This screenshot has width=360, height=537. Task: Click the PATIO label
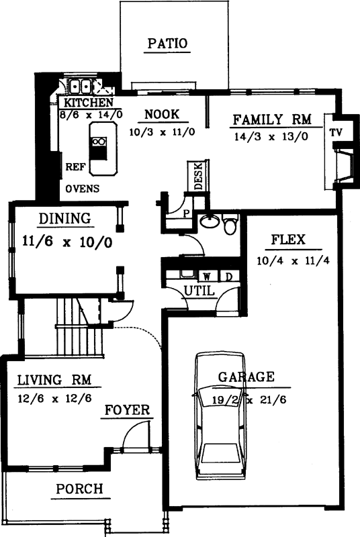click(167, 44)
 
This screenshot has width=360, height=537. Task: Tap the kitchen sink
click(81, 87)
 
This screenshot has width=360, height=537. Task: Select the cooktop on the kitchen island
click(99, 142)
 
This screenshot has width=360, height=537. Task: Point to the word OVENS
click(83, 189)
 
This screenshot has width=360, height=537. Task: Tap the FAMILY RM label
click(271, 120)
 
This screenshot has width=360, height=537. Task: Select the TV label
click(336, 132)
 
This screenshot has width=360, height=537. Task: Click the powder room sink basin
click(211, 223)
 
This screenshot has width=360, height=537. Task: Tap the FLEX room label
click(289, 240)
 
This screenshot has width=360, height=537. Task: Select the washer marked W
click(207, 276)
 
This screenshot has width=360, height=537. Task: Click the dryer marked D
click(228, 276)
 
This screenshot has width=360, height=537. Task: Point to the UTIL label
click(198, 291)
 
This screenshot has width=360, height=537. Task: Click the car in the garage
click(222, 416)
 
